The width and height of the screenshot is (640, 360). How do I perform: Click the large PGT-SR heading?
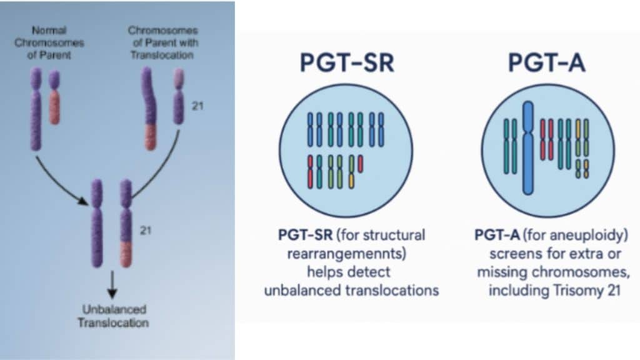tap(347, 64)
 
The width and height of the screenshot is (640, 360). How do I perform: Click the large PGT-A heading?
tap(546, 64)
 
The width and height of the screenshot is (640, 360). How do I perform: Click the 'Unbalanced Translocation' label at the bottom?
tap(113, 316)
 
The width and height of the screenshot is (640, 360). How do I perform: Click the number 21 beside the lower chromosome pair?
tap(146, 231)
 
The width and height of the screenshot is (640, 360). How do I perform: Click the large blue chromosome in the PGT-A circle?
tap(528, 147)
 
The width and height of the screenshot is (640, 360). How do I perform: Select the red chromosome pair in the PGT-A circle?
tap(547, 139)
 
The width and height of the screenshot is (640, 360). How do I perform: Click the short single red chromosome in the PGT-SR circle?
tap(361, 164)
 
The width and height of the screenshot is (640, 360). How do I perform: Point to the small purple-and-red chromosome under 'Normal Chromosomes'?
tap(54, 97)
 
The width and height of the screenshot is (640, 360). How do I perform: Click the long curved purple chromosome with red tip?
tap(148, 109)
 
